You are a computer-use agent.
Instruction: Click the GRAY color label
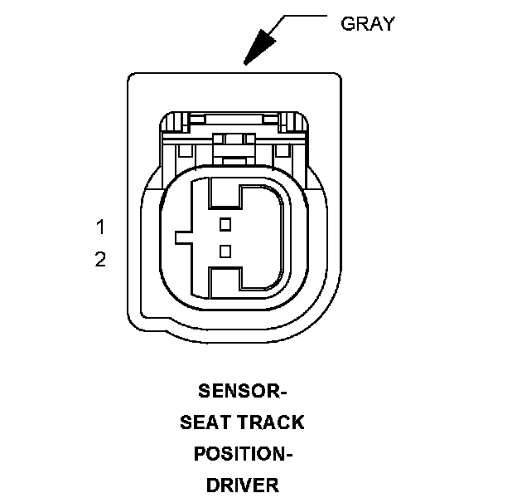(x=368, y=23)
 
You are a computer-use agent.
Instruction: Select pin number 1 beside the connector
(x=100, y=227)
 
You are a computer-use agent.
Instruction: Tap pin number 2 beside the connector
(x=100, y=260)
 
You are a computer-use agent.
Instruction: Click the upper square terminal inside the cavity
(x=225, y=224)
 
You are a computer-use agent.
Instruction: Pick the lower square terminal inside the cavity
(x=225, y=251)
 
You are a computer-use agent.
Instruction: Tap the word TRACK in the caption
(x=270, y=422)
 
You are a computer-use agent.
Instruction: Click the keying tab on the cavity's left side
(x=184, y=237)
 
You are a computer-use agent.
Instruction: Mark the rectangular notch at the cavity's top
(x=224, y=194)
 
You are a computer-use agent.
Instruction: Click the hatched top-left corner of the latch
(x=171, y=124)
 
